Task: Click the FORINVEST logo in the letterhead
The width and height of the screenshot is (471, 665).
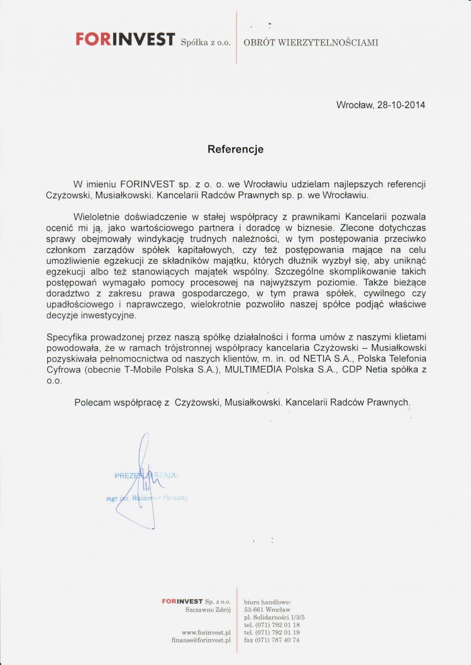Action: (125, 40)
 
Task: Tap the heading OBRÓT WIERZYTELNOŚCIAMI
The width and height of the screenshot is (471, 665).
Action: (311, 42)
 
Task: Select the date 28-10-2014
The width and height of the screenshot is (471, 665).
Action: (400, 105)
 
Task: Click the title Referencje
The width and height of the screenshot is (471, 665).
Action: (235, 149)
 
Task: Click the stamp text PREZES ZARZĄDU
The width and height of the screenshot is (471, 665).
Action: (147, 475)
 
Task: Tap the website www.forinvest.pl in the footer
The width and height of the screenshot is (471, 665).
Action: (206, 632)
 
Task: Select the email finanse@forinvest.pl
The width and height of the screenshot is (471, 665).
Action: (201, 639)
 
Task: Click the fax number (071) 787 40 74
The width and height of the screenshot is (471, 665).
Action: (272, 639)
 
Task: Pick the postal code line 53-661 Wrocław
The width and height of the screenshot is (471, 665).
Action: (267, 610)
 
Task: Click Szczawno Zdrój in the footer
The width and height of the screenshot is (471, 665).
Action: (208, 610)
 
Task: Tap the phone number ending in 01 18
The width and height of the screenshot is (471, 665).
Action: (272, 625)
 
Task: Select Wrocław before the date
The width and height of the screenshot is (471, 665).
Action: (354, 105)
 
